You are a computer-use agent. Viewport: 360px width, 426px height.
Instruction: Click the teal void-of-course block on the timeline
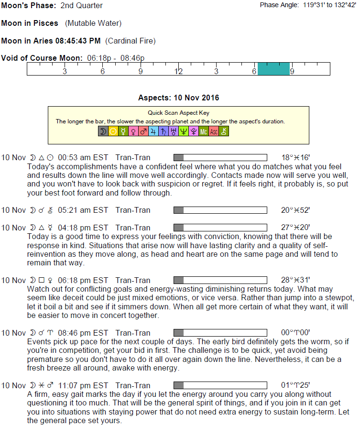click(x=273, y=69)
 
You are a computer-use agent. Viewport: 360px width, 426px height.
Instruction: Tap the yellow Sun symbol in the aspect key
click(x=113, y=131)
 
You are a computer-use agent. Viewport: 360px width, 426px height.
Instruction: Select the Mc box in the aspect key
click(x=204, y=131)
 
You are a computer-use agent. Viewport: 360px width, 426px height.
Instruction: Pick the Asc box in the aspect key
click(x=214, y=131)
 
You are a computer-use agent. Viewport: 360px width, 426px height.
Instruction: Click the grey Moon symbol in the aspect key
click(x=102, y=131)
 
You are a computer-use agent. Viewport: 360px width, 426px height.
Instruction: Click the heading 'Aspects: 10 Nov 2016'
click(x=178, y=98)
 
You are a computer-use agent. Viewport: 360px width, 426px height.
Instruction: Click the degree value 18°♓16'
click(x=296, y=157)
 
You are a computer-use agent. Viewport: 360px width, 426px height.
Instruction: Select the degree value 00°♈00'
click(x=296, y=333)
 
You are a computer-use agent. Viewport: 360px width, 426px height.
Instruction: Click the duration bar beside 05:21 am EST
click(x=220, y=210)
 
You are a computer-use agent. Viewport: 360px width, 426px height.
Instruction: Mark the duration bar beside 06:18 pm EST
click(x=220, y=280)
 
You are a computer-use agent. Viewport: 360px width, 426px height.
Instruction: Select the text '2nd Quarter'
click(x=82, y=6)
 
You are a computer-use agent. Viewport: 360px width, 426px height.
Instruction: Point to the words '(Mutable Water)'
click(x=93, y=23)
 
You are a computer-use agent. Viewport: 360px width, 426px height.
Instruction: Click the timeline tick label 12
click(x=178, y=72)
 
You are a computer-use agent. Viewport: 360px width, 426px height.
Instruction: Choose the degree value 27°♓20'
click(x=296, y=228)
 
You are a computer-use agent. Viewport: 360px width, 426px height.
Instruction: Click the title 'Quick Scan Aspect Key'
click(x=178, y=113)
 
